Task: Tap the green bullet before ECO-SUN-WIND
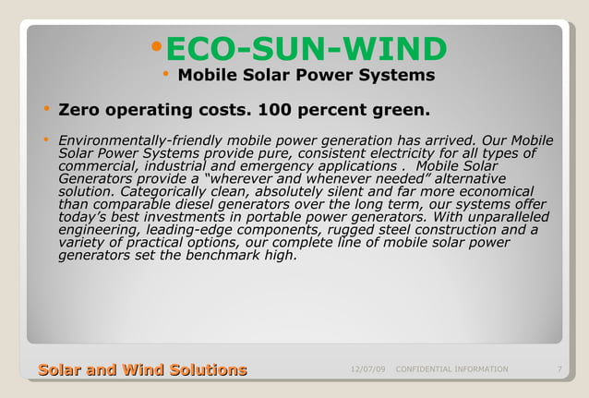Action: pyautogui.click(x=156, y=46)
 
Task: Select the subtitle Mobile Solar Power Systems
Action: pyautogui.click(x=306, y=75)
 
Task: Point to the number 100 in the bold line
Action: pyautogui.click(x=274, y=112)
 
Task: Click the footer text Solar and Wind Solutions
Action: pyautogui.click(x=142, y=370)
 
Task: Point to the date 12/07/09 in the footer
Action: pyautogui.click(x=368, y=369)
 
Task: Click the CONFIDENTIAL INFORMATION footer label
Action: pyautogui.click(x=451, y=369)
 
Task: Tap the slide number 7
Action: pyautogui.click(x=560, y=369)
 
